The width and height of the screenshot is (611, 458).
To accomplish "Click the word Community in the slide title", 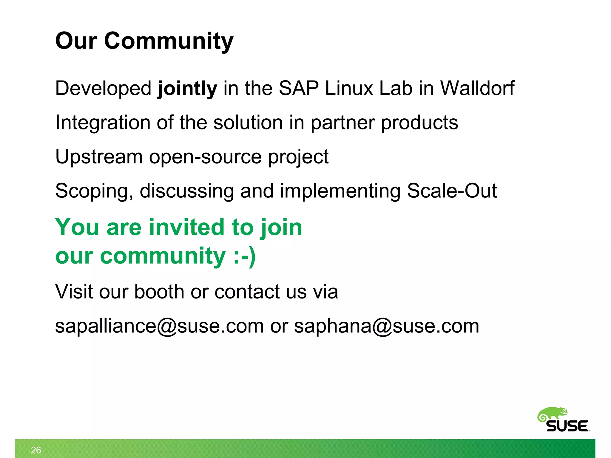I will (169, 41).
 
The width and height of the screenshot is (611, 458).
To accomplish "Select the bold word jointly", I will (187, 89).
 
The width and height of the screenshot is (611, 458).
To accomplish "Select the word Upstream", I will (99, 157).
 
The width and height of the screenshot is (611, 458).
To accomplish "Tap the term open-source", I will (205, 157).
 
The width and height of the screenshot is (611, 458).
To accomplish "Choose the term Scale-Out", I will (452, 191).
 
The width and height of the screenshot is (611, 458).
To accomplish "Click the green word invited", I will (187, 227).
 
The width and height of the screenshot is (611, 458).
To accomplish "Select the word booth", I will (159, 291).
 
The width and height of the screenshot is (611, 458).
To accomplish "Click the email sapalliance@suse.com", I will (159, 326).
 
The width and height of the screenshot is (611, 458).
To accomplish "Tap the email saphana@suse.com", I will (386, 326).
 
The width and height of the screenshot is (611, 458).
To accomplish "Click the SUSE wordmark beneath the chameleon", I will (567, 426).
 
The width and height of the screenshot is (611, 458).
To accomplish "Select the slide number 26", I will (36, 450).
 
